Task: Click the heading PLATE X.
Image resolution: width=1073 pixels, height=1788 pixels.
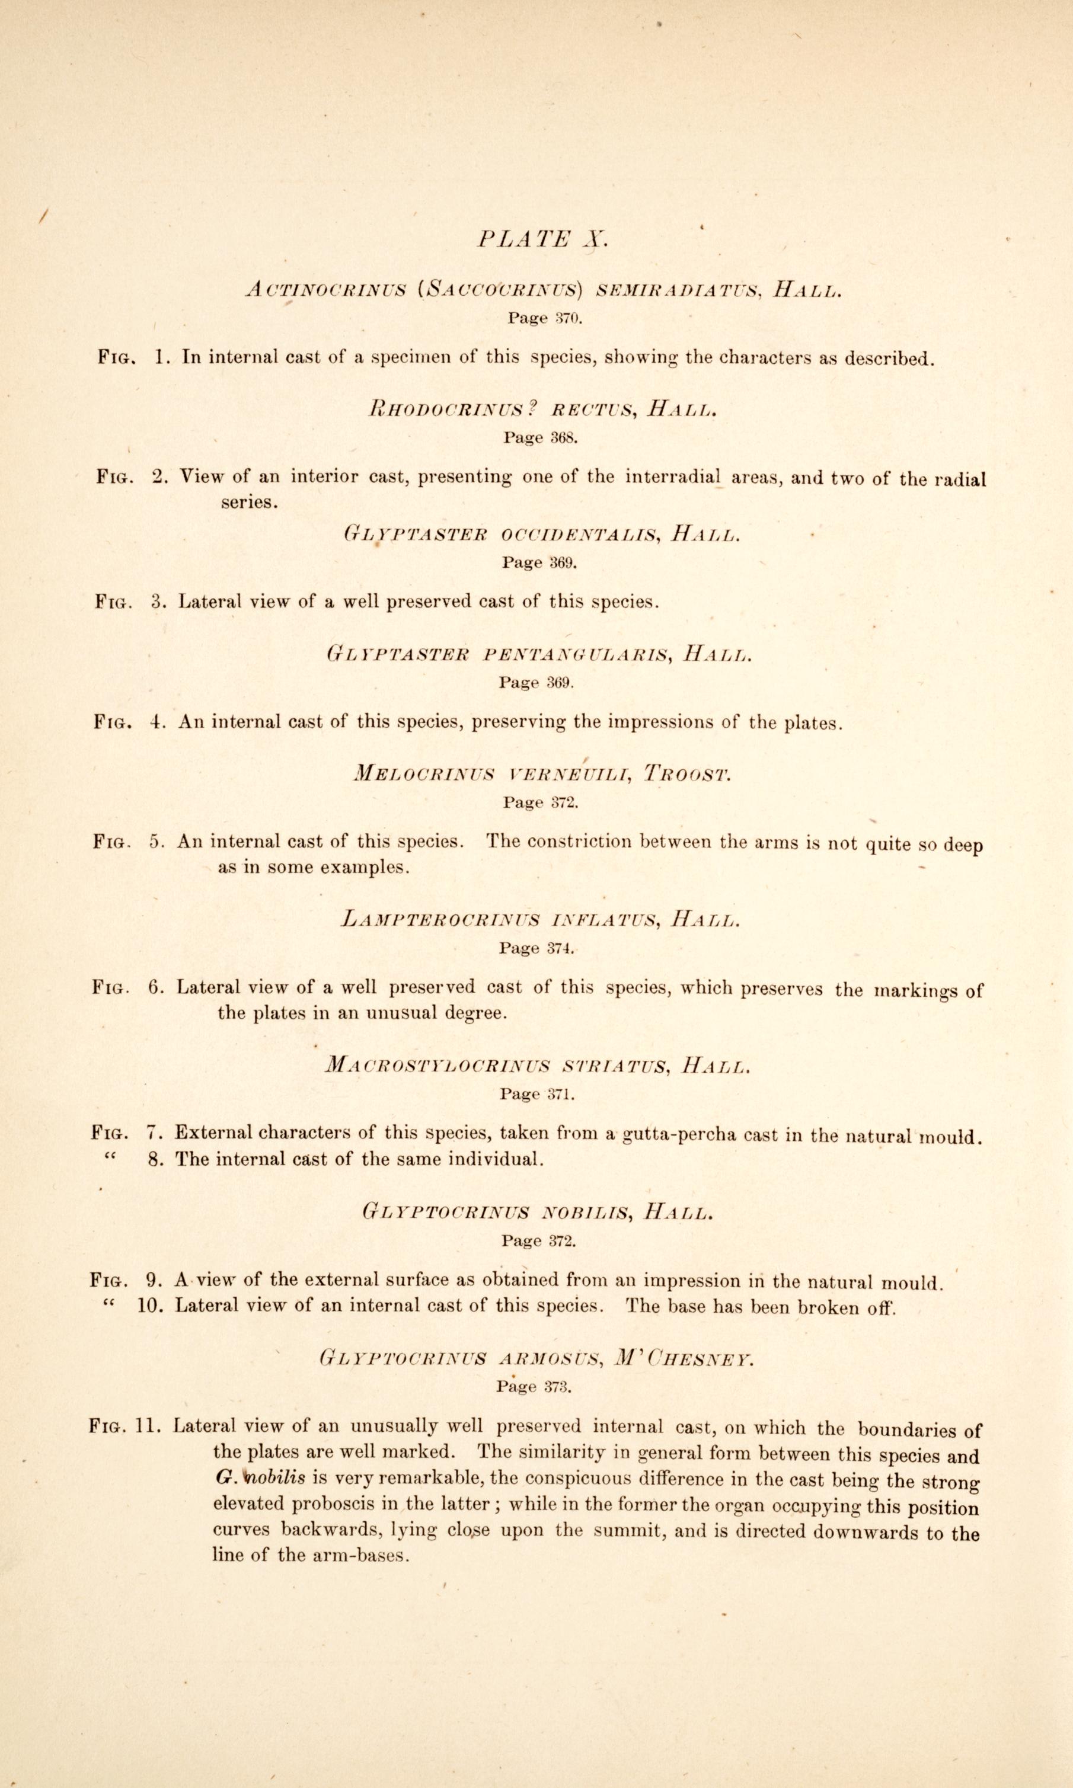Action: tap(543, 239)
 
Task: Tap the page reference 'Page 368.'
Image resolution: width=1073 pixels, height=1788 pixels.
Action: tap(541, 437)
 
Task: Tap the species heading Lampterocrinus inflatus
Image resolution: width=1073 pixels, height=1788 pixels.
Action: tap(500, 920)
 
